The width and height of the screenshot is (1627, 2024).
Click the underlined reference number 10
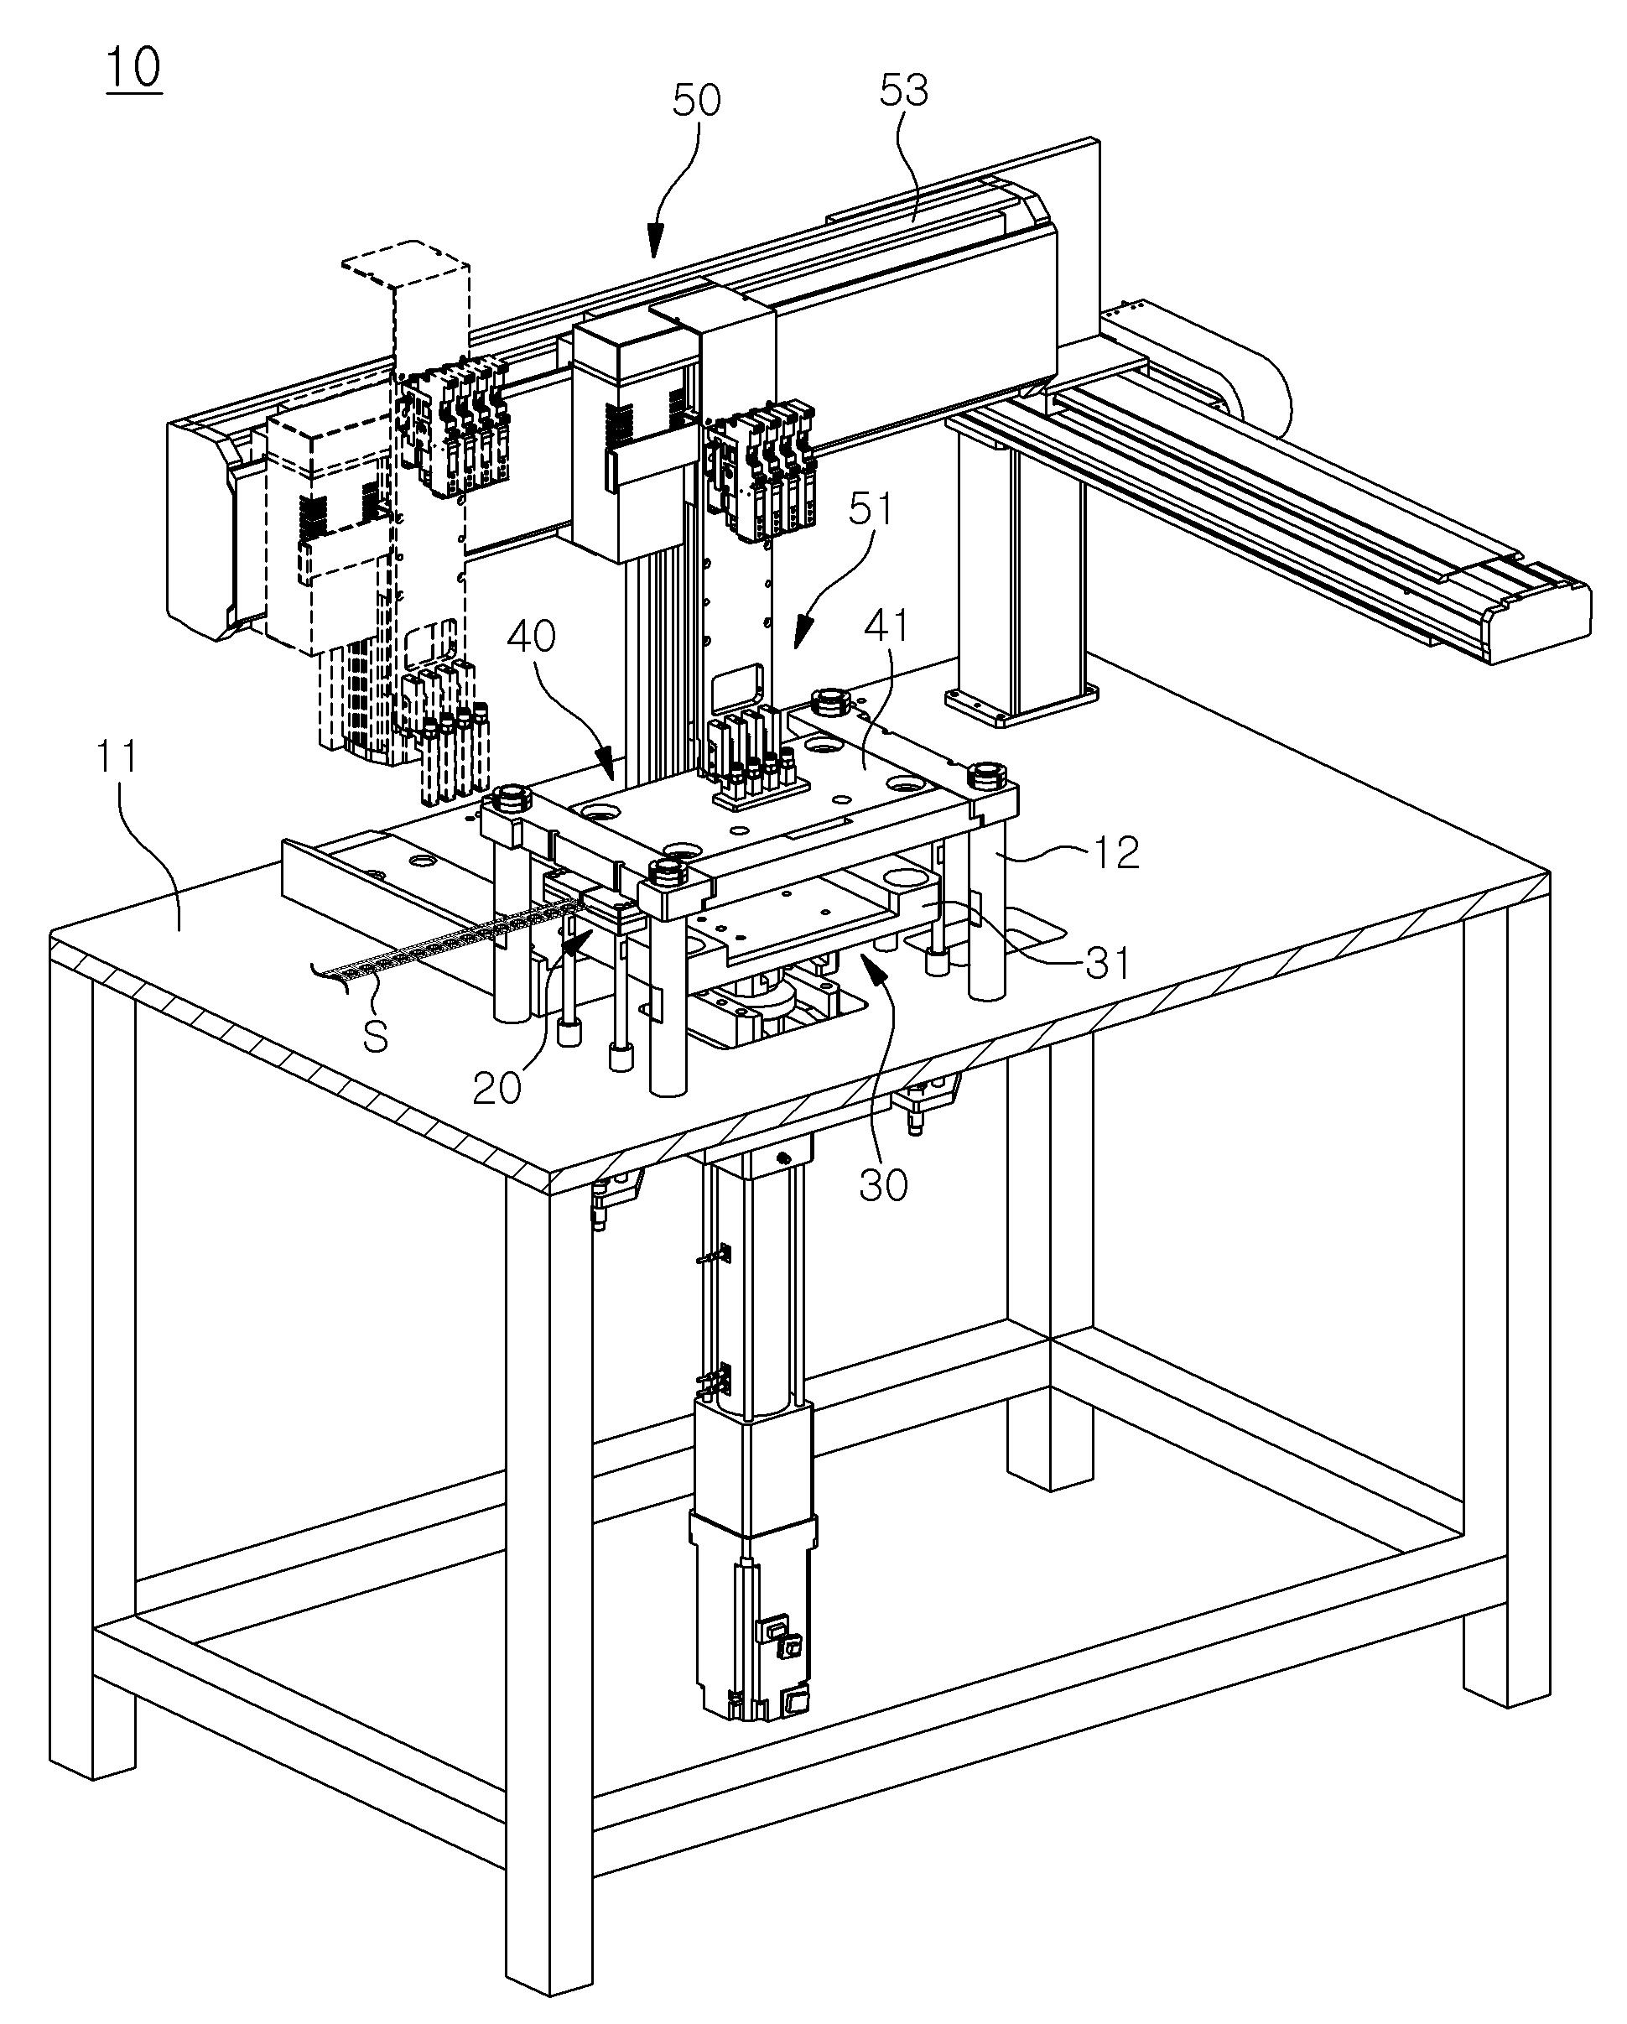pos(134,68)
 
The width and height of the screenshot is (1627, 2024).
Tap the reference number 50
pos(697,100)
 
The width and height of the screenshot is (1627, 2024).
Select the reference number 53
pos(904,90)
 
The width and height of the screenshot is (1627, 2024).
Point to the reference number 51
pos(871,511)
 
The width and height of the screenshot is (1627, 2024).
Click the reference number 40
pos(532,637)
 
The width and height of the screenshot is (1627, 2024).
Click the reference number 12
pos(1115,851)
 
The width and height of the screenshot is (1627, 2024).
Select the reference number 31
pos(1107,963)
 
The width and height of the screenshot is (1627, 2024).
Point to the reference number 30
pos(883,1186)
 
